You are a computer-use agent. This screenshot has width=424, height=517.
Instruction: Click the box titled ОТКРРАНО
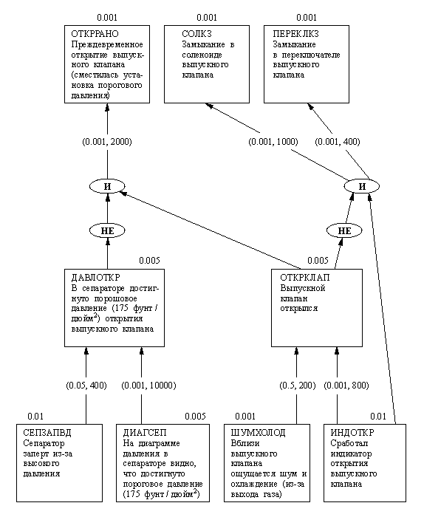coord(107,64)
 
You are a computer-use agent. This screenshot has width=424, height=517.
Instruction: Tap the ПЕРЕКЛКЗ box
coord(306,64)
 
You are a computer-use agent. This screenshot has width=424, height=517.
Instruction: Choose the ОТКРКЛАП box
coord(317,308)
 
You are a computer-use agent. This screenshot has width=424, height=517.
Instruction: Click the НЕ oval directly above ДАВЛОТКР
coord(107,230)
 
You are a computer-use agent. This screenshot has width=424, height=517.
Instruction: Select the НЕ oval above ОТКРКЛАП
coord(343,230)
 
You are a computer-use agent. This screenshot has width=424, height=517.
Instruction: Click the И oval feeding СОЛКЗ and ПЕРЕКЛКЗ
coord(362,186)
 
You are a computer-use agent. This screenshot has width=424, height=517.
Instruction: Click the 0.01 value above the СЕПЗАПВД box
coord(35,417)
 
